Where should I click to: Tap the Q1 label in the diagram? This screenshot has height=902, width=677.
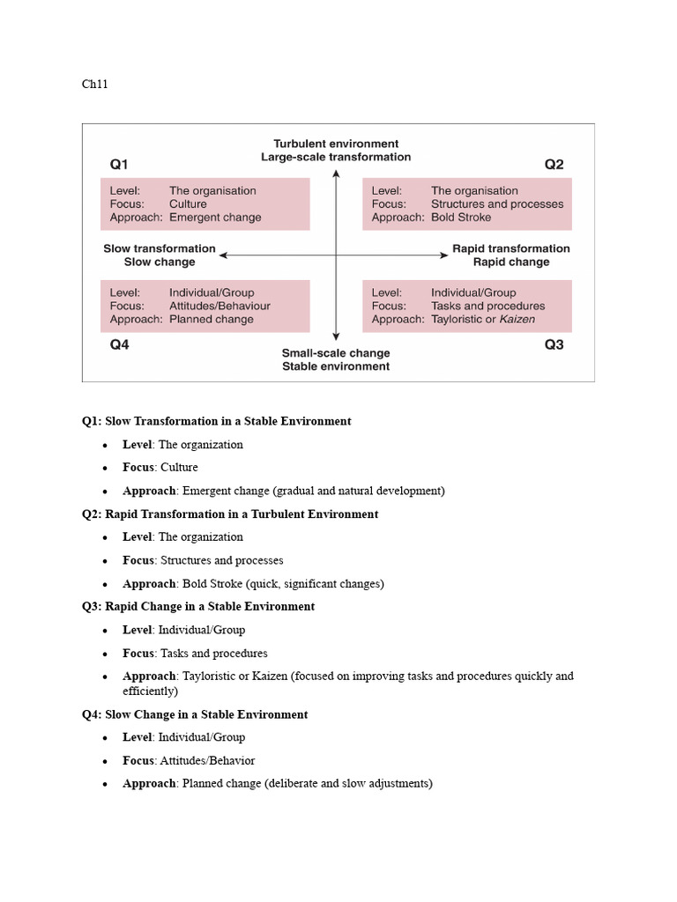click(119, 164)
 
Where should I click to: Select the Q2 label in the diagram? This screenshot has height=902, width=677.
click(554, 164)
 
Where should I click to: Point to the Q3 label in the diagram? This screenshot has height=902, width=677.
click(554, 345)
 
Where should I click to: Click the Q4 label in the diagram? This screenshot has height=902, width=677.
click(119, 345)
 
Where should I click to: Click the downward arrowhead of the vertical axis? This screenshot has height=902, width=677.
click(336, 336)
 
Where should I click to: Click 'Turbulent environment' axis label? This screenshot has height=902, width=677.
click(336, 144)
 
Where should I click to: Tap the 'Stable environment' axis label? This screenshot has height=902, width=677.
click(336, 366)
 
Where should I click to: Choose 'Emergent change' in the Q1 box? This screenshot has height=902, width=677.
click(215, 218)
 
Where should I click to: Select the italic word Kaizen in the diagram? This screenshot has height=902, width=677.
click(517, 320)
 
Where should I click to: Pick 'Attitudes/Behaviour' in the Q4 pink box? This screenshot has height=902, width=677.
click(219, 306)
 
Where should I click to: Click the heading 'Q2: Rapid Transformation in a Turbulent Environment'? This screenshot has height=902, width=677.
click(230, 514)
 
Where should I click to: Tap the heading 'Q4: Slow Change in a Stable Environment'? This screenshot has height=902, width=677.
click(195, 714)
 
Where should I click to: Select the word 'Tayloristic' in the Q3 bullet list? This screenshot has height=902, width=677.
click(210, 676)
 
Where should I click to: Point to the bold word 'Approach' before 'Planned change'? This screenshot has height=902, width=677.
click(149, 783)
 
